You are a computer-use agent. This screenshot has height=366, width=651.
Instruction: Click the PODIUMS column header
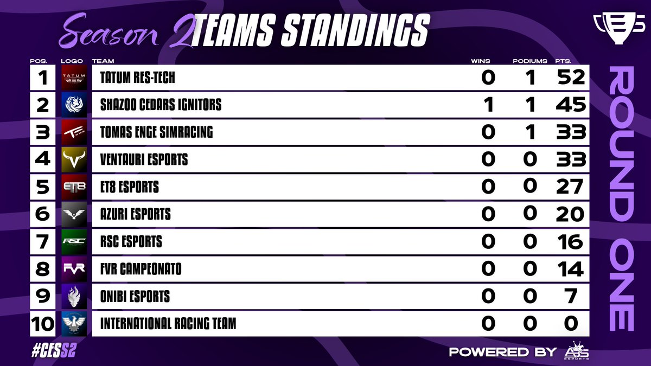[530, 61]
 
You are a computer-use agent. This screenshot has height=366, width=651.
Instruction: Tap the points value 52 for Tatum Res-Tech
[571, 78]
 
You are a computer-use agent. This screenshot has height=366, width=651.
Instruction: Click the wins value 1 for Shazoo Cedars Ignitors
[488, 105]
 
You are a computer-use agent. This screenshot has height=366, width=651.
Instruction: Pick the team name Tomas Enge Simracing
[156, 132]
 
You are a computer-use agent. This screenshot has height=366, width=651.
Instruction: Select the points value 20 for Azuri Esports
[570, 214]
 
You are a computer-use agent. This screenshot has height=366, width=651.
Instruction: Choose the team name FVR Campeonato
[141, 269]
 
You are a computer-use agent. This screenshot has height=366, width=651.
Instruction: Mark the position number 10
[42, 324]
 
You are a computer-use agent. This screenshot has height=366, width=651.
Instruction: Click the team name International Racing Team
[168, 324]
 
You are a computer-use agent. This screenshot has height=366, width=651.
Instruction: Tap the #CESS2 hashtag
[53, 351]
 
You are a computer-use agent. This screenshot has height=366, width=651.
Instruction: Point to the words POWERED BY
[502, 351]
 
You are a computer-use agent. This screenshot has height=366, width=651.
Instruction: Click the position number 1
[42, 78]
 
